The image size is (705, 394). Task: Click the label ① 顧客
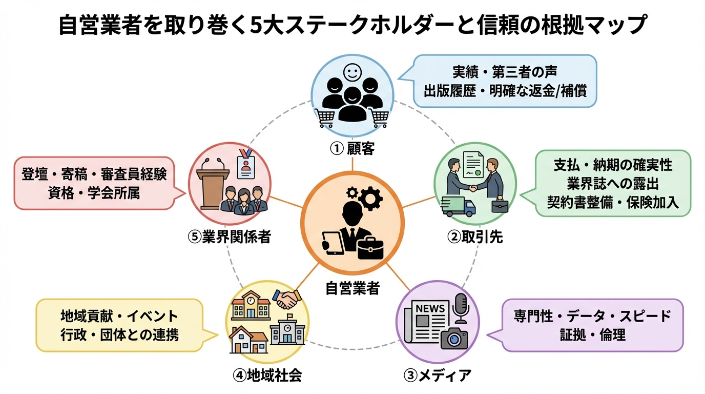pyautogui.click(x=352, y=149)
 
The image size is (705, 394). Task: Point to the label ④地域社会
pyautogui.click(x=267, y=375)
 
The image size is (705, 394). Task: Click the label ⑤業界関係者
pyautogui.click(x=229, y=237)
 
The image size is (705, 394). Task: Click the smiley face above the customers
pyautogui.click(x=352, y=71)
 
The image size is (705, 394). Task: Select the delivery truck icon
pyautogui.click(x=458, y=206)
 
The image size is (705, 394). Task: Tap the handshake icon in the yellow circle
pyautogui.click(x=286, y=299)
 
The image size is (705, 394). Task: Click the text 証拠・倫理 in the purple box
pyautogui.click(x=592, y=336)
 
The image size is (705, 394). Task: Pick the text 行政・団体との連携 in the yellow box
pyautogui.click(x=119, y=335)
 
